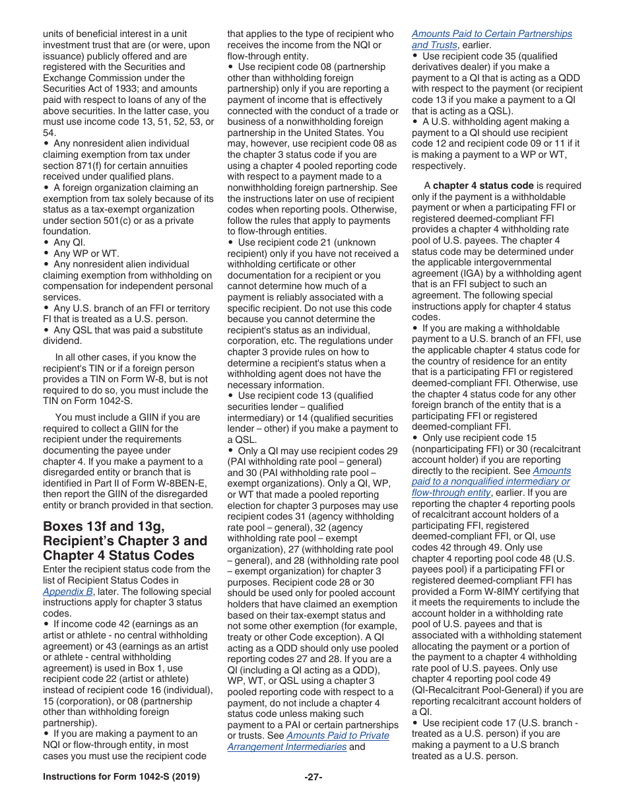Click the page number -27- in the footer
pos(313,777)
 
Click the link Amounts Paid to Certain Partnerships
pos(492,34)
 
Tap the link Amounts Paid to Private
pos(338,735)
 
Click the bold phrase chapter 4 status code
pos(483,186)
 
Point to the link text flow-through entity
pos(451,492)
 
